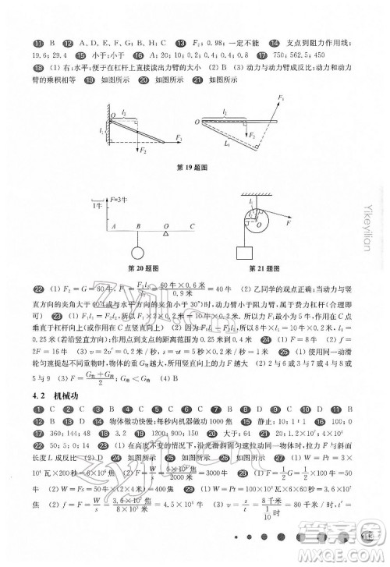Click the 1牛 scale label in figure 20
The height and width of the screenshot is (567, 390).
[95, 205]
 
